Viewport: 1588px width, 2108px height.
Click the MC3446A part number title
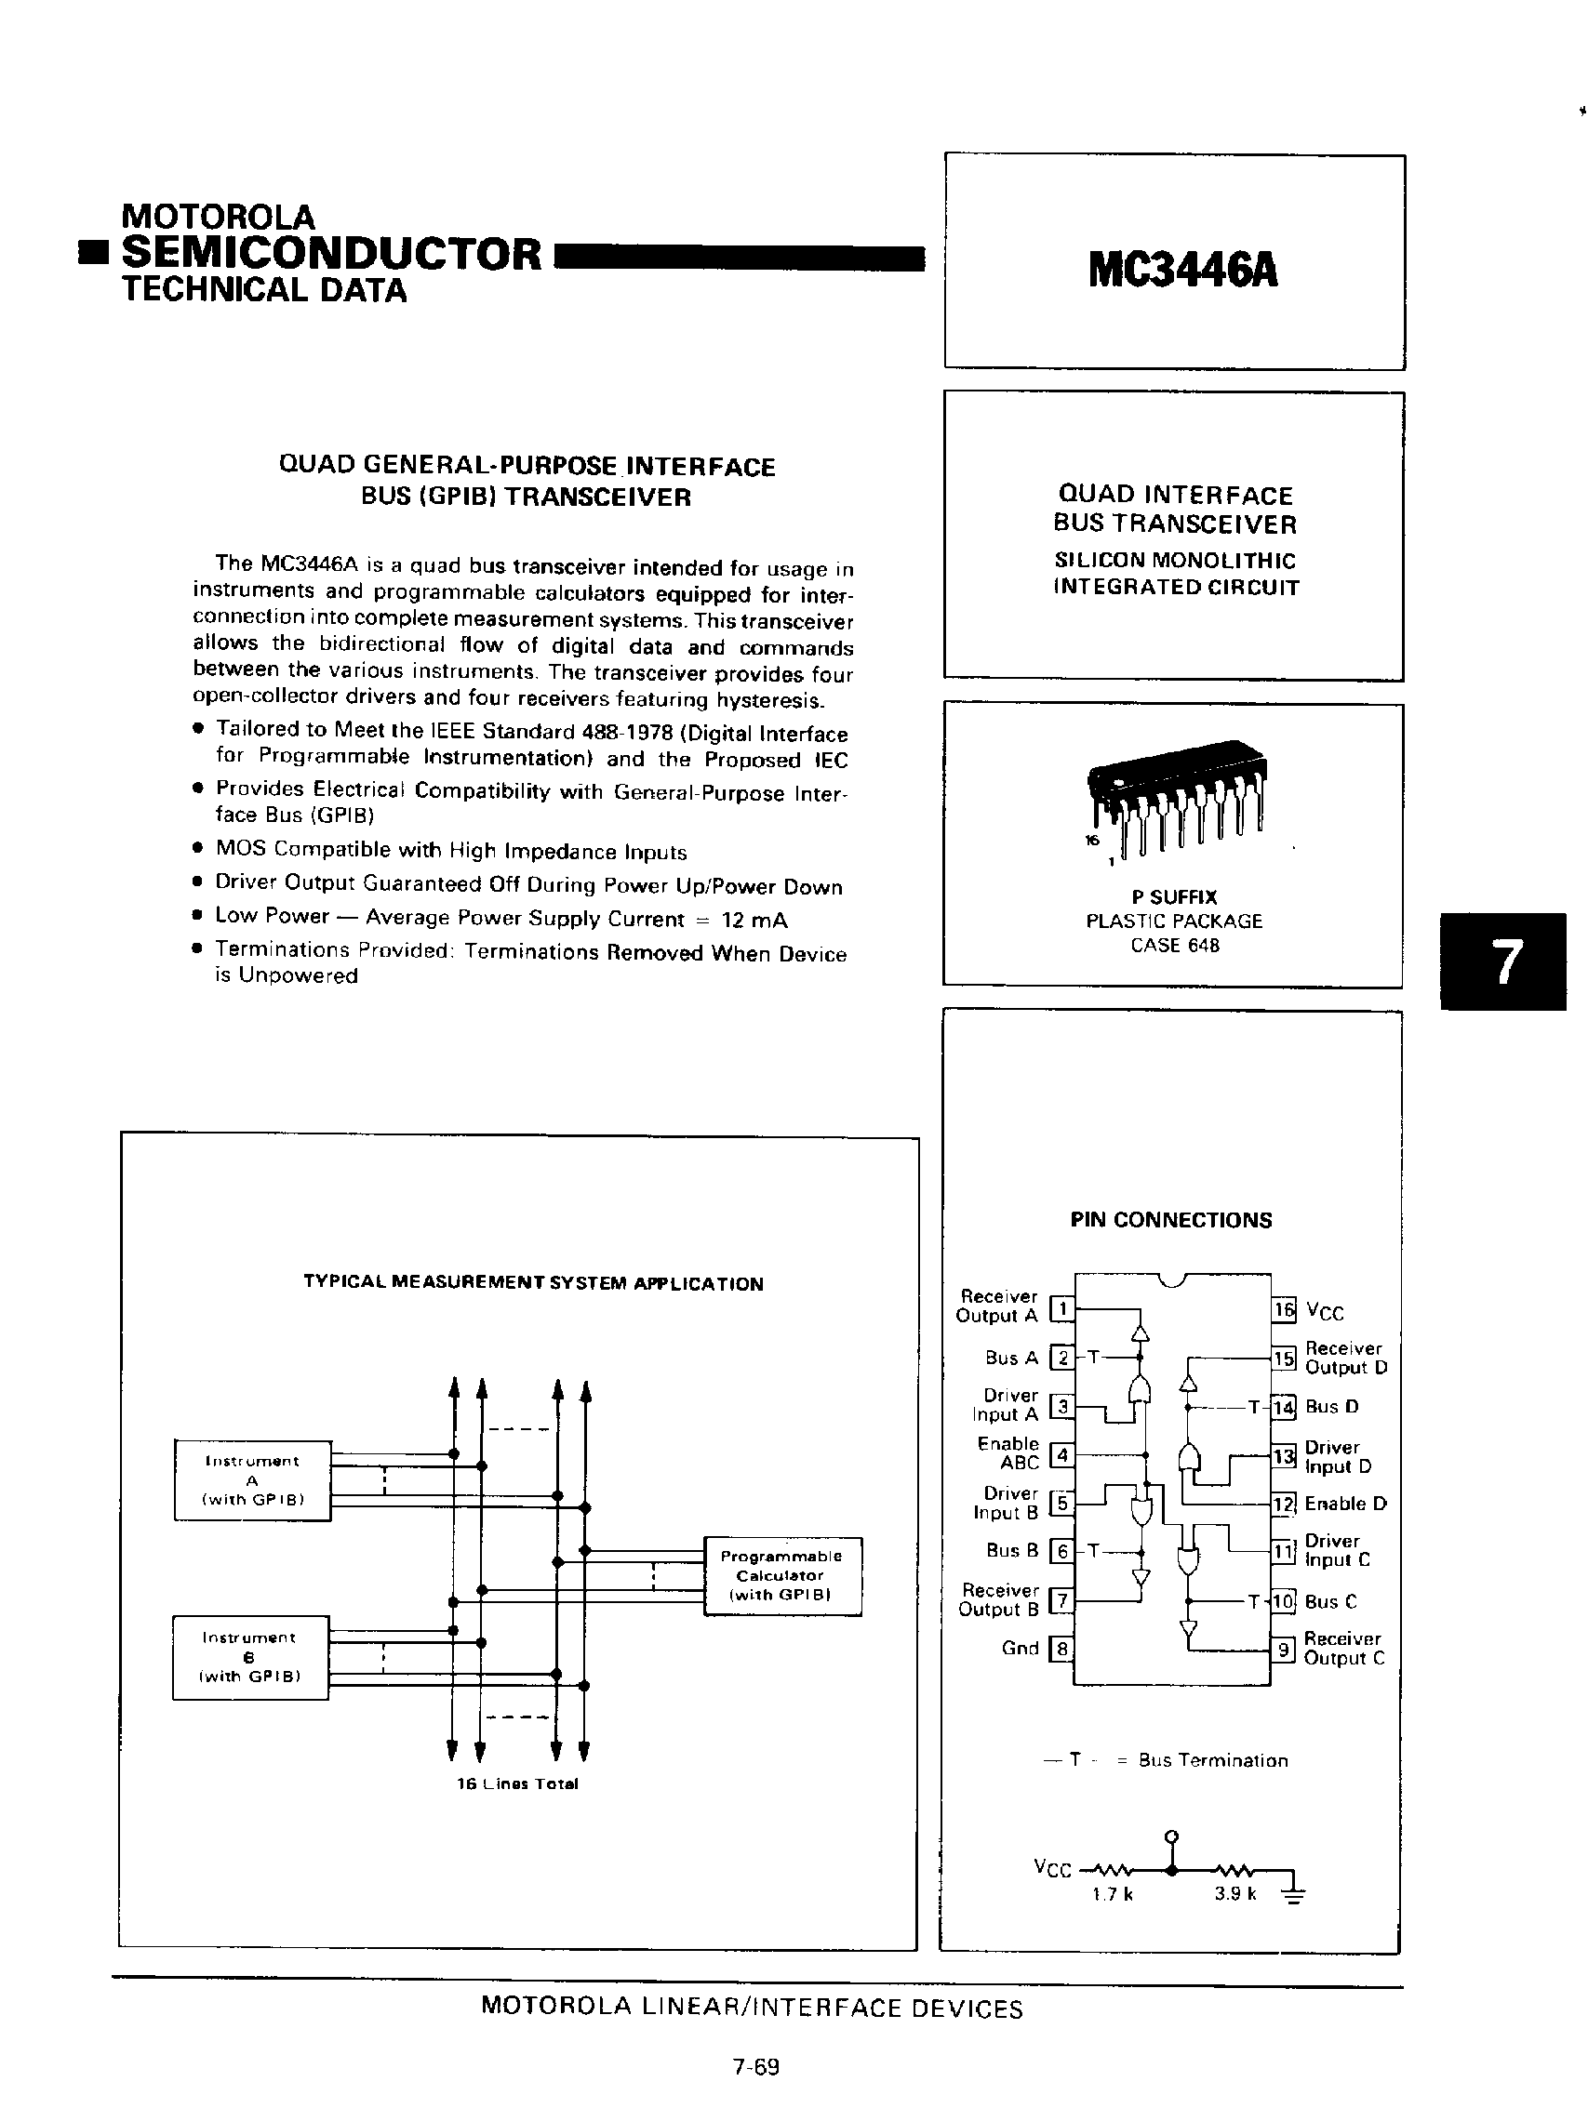tap(1182, 271)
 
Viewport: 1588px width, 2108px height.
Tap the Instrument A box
tap(251, 1480)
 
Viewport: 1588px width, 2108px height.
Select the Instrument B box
tap(249, 1657)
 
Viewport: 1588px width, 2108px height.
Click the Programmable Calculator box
tap(781, 1575)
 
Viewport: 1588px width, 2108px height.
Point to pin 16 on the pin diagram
tap(1284, 1310)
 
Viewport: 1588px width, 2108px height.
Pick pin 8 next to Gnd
tap(1061, 1649)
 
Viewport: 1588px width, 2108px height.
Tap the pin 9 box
tap(1284, 1649)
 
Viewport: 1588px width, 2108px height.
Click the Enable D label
tap(1345, 1504)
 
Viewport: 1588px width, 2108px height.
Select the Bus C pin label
tap(1330, 1602)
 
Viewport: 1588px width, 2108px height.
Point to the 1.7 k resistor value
tap(1113, 1894)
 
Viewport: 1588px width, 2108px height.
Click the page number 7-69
tap(756, 2066)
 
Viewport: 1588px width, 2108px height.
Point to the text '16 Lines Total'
tap(517, 1784)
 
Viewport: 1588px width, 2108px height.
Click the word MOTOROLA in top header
tap(219, 218)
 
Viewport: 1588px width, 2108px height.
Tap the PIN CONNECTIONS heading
tap(1170, 1220)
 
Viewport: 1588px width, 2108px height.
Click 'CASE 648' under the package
tap(1174, 946)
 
